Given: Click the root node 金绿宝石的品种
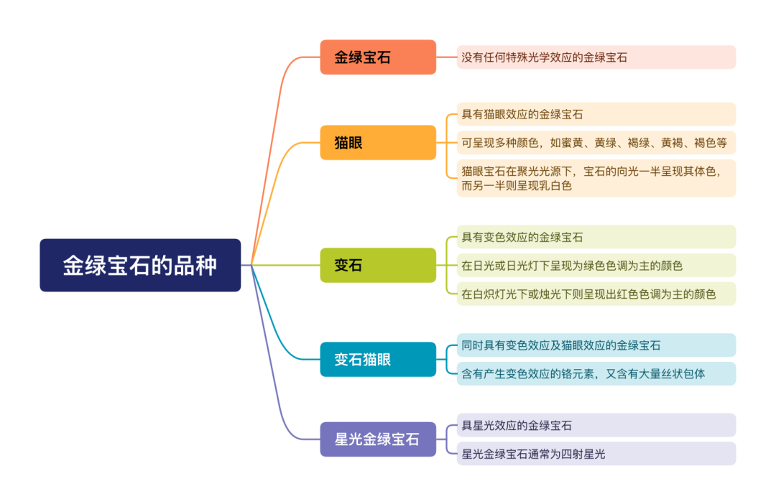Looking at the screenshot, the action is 140,265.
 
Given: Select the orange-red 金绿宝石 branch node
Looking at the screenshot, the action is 378,57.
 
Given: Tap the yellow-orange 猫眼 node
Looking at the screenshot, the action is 378,142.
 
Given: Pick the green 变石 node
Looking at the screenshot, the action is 378,265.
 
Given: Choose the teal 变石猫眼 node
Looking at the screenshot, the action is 378,359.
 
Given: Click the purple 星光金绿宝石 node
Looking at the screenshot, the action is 378,439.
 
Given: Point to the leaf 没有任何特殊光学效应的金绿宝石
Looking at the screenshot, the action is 596,57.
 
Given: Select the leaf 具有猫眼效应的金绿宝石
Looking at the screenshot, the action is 596,114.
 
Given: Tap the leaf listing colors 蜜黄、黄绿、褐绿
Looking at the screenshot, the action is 596,143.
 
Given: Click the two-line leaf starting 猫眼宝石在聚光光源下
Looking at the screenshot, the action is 596,179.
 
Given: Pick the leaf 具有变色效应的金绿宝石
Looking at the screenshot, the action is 596,237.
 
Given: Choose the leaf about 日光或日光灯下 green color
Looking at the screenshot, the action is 596,266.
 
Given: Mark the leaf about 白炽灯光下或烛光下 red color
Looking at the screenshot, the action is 596,294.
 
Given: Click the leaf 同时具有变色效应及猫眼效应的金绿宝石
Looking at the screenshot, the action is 596,345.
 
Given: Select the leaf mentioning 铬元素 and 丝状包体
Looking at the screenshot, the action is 596,373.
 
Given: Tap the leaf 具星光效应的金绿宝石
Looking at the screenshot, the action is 596,425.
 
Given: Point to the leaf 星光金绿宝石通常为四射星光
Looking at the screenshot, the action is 596,454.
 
